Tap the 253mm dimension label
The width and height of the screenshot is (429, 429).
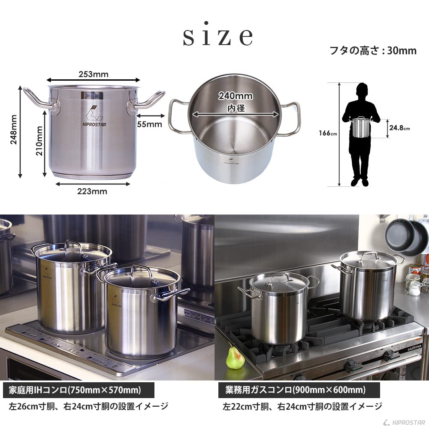pos(94,74)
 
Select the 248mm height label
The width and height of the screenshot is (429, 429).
pos(14,130)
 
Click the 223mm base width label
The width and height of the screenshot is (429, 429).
pos(93,191)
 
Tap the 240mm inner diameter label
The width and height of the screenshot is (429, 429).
pos(235,96)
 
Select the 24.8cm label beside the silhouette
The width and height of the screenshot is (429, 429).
pos(400,128)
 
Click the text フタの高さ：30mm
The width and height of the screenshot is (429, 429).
pos(372,51)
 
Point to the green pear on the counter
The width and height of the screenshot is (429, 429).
pos(235,358)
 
